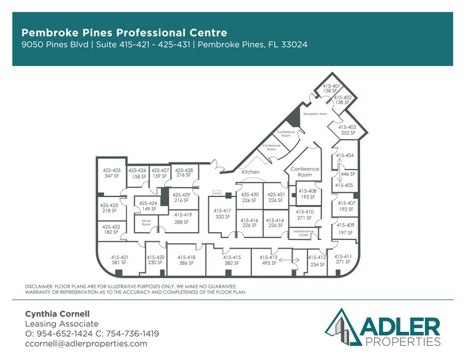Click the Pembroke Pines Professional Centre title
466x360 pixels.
124,32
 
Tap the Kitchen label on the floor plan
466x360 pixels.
250,172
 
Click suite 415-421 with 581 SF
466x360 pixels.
119,260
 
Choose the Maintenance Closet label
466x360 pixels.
305,233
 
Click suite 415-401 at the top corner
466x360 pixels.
331,88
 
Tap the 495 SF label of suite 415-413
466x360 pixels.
269,263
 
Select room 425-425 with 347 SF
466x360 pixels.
111,173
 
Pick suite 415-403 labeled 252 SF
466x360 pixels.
348,130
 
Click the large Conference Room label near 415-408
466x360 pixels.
304,171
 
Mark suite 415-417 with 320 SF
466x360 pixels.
222,214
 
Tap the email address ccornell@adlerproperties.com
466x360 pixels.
86,343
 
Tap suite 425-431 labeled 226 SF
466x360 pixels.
276,197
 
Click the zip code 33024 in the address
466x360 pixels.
293,45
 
